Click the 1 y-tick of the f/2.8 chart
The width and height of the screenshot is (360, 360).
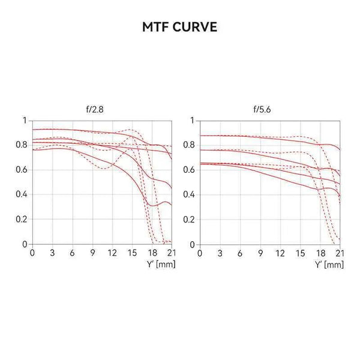(x=25, y=121)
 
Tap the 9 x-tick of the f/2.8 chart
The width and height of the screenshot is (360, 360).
(x=92, y=253)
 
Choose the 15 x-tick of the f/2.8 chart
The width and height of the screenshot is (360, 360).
(x=131, y=253)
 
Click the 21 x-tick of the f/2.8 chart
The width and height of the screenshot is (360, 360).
(x=171, y=253)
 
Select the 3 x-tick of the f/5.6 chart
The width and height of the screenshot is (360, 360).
(x=220, y=253)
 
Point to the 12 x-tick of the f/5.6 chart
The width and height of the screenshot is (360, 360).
(x=280, y=253)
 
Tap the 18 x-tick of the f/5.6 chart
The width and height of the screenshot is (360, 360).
(x=319, y=253)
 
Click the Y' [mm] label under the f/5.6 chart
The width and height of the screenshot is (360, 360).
(x=329, y=264)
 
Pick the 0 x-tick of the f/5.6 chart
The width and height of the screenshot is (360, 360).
(x=200, y=253)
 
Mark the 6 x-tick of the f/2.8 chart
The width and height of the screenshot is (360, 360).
(x=72, y=253)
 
